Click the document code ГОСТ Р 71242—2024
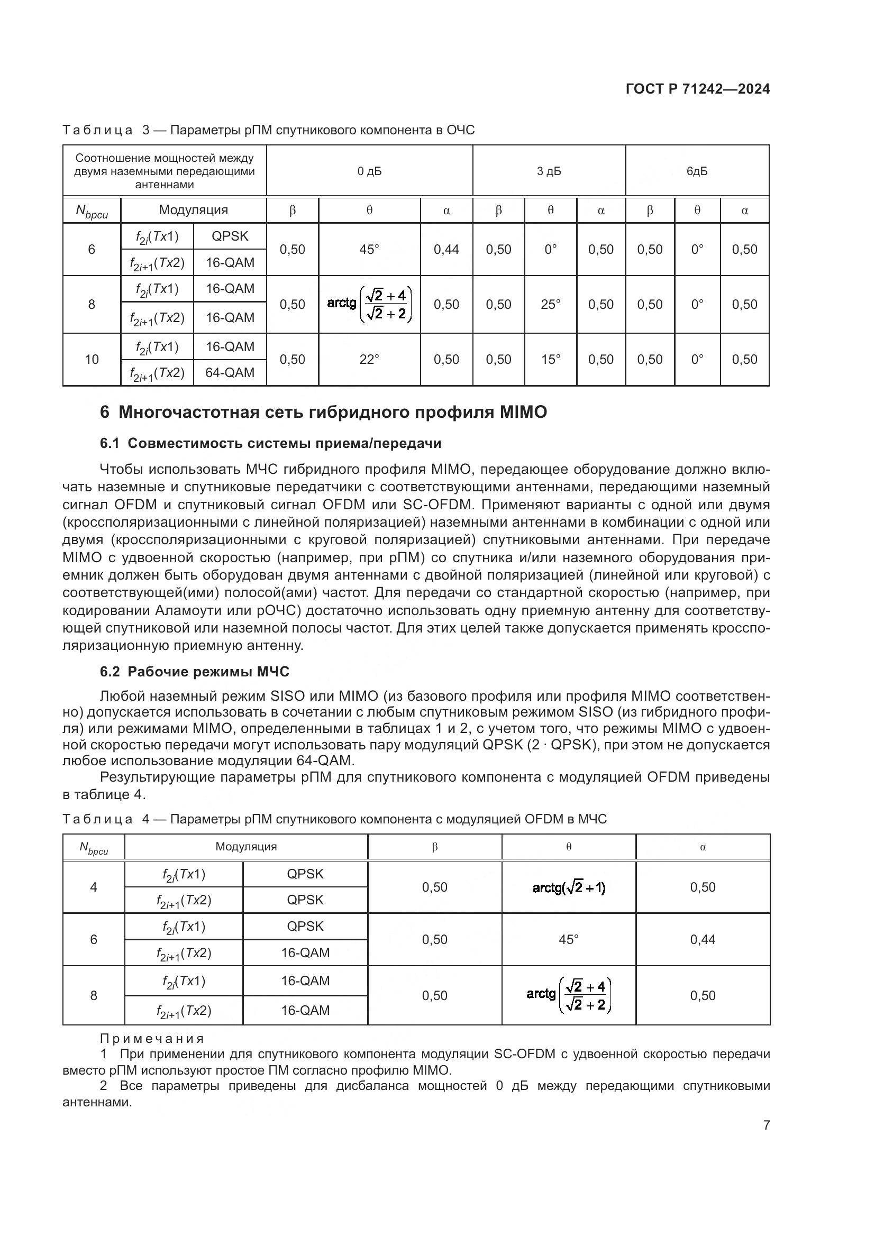tap(697, 89)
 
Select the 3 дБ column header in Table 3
tap(549, 171)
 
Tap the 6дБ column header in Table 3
tap(697, 171)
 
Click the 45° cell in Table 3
tap(369, 250)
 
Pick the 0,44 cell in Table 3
tap(446, 250)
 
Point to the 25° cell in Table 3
tap(550, 305)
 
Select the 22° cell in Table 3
tap(369, 359)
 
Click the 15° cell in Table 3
tap(550, 359)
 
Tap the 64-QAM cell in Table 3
tap(230, 373)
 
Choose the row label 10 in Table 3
tap(92, 359)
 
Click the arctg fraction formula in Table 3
tap(369, 305)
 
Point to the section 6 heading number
tap(105, 412)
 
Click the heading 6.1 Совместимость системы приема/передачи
tap(270, 443)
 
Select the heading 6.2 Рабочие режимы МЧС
tap(195, 672)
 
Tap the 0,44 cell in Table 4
tap(703, 940)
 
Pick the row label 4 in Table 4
tap(93, 887)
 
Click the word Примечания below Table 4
tap(152, 1039)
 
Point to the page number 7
tap(766, 1125)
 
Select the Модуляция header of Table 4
tap(245, 847)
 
